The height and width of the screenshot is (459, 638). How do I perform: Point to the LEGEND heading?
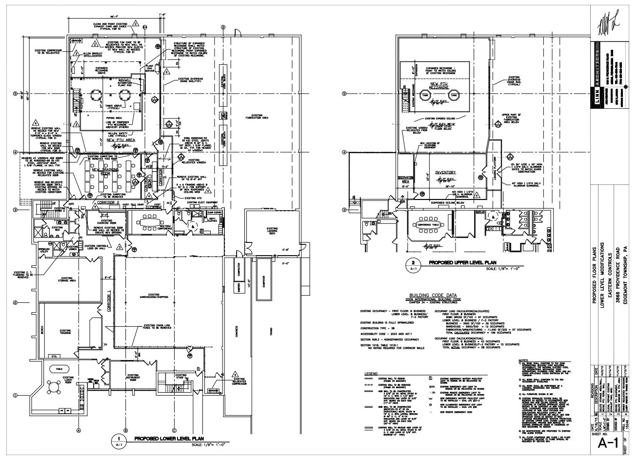(x=372, y=374)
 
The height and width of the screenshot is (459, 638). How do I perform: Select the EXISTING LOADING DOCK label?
(x=272, y=231)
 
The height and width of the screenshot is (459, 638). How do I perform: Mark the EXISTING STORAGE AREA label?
(x=66, y=279)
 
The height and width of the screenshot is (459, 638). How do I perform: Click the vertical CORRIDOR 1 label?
(x=110, y=302)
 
